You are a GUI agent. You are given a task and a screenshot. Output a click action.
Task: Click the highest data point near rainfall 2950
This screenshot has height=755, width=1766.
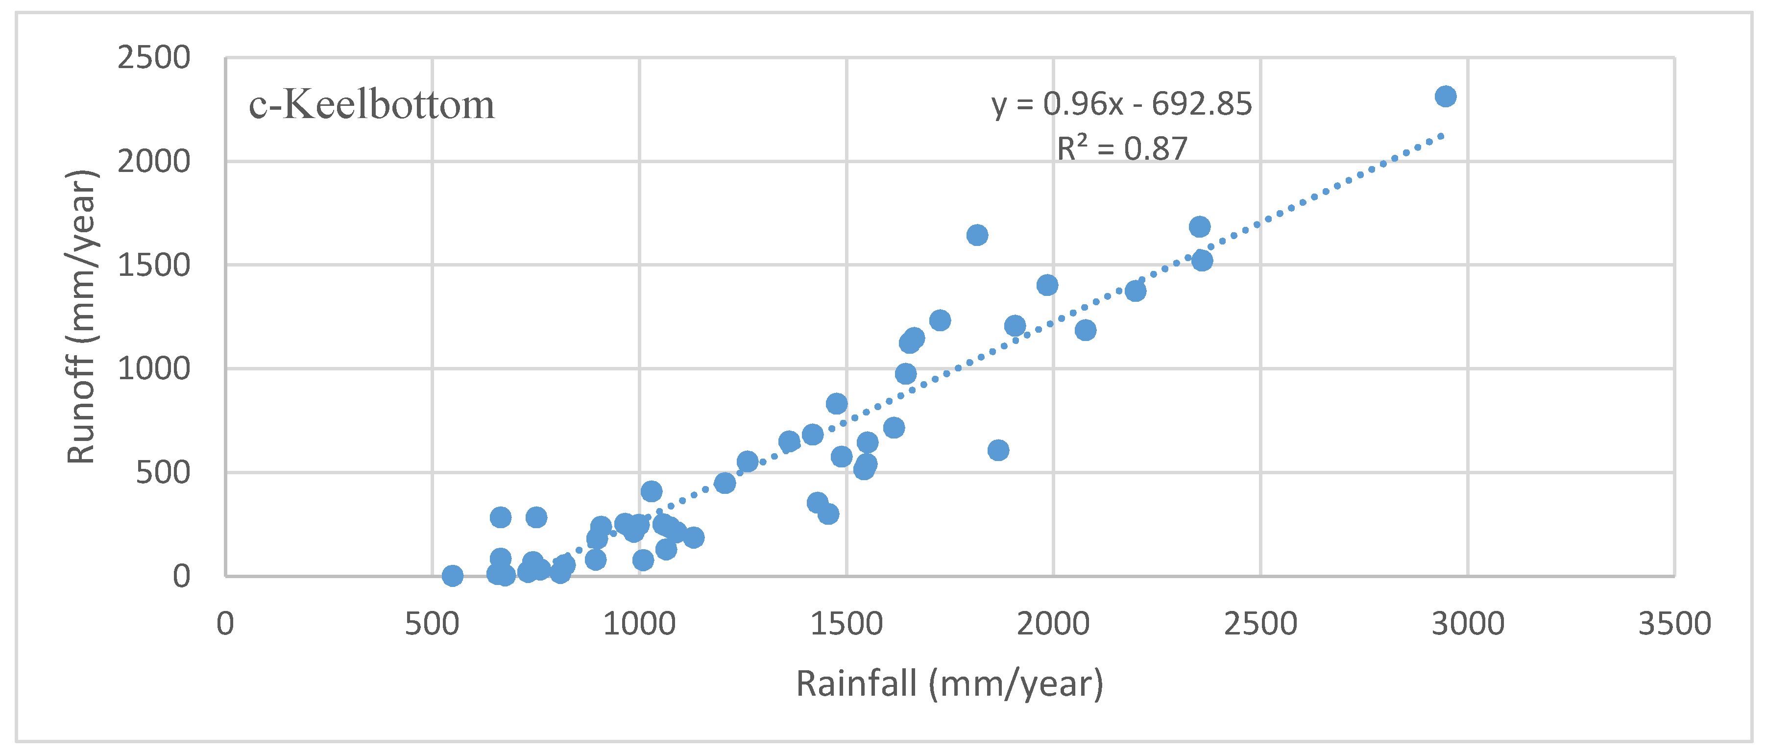pos(1445,97)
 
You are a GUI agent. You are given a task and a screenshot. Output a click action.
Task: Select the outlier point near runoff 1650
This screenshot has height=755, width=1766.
pos(977,235)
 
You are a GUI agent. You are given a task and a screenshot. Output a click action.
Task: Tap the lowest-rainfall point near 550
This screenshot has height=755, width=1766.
pos(452,575)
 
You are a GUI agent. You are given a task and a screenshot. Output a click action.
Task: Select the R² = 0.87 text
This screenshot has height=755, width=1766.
pos(1122,148)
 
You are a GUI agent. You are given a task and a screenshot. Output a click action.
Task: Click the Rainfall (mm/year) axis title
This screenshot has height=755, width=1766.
pos(949,683)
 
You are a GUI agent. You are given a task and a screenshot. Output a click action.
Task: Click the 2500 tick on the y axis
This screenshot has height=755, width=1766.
pos(153,58)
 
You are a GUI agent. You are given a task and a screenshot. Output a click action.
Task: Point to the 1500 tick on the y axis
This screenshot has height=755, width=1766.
pos(153,266)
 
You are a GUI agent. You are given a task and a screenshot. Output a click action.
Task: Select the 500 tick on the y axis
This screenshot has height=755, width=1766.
pos(163,472)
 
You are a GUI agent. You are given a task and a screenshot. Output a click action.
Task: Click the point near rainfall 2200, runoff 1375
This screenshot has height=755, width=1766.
pos(1136,291)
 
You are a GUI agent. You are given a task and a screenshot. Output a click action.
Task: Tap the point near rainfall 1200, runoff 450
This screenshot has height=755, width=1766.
pos(725,483)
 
